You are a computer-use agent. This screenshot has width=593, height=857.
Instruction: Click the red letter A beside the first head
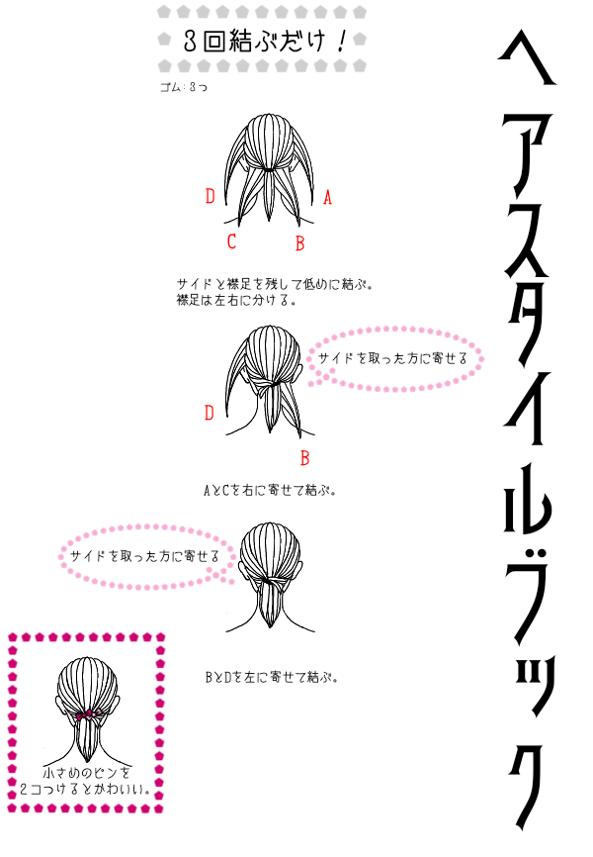pos(327,197)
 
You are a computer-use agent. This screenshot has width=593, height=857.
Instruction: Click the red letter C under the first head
pos(231,241)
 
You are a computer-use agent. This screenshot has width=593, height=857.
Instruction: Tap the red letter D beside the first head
pos(211,196)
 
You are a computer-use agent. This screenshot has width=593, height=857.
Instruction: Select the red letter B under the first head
pos(299,242)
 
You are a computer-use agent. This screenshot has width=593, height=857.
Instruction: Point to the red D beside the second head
pos(210,413)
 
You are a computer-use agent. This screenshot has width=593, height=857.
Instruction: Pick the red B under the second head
pos(304,458)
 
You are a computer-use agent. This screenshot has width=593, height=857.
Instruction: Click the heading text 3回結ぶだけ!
pos(266,41)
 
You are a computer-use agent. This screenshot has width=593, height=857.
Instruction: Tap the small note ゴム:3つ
pos(184,87)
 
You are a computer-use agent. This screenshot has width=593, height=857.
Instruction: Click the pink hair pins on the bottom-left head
pos(87,714)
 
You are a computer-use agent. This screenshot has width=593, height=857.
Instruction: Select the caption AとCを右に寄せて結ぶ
pos(270,490)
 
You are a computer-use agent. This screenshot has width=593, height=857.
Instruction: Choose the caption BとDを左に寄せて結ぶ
pos(272,677)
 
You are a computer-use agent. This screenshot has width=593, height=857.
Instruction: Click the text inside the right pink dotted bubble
pos(392,358)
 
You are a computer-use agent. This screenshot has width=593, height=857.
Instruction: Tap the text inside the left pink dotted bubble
pos(144,556)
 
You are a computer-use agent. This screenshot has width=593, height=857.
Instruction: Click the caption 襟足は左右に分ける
pos(236,300)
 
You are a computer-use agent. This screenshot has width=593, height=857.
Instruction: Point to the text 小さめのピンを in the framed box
pos(87,773)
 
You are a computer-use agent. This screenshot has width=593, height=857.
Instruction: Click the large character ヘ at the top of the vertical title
pos(527,59)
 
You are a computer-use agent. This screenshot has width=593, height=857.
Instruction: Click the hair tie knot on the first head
pos(269,170)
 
